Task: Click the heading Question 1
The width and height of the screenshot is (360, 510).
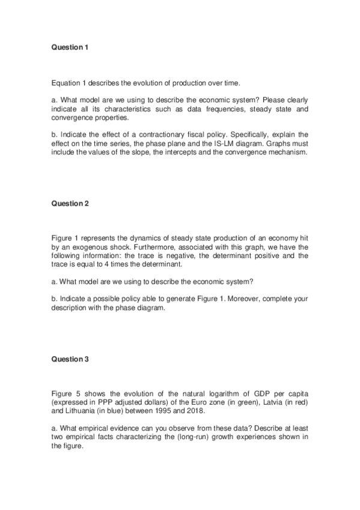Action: pyautogui.click(x=70, y=47)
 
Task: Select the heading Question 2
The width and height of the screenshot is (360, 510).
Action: pyautogui.click(x=70, y=203)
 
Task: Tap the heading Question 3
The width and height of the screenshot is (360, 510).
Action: pyautogui.click(x=70, y=359)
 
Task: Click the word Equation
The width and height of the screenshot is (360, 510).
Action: pyautogui.click(x=67, y=82)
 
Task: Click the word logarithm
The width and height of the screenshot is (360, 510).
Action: pyautogui.click(x=222, y=393)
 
